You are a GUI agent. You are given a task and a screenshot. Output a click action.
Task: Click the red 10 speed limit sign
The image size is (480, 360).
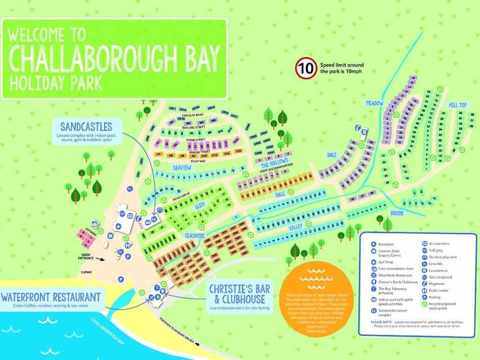(305, 69)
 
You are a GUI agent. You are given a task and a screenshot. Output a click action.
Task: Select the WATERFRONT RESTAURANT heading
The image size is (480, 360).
(50, 297)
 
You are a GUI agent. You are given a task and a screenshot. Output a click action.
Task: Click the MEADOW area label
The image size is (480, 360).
(374, 103)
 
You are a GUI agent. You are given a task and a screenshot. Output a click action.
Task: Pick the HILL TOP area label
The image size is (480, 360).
(457, 105)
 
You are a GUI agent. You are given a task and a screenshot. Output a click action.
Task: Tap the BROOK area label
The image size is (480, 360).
(397, 213)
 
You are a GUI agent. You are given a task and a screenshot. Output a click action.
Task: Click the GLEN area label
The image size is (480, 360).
(199, 207)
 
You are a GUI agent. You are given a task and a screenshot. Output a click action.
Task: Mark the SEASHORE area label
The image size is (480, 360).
(195, 235)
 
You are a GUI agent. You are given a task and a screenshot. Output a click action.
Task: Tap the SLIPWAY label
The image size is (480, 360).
(86, 272)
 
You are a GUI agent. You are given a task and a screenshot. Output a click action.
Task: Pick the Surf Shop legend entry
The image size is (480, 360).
(386, 262)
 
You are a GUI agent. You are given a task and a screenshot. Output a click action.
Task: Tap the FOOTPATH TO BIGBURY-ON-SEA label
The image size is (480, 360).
(178, 332)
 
